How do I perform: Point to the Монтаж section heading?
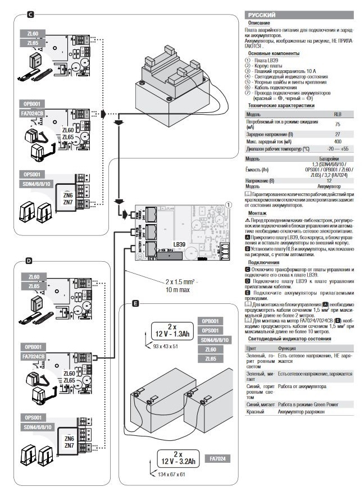[257, 213]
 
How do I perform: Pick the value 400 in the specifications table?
[337, 142]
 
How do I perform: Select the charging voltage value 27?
[337, 134]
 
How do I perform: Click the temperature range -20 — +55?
[337, 149]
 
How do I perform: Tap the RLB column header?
[337, 113]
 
